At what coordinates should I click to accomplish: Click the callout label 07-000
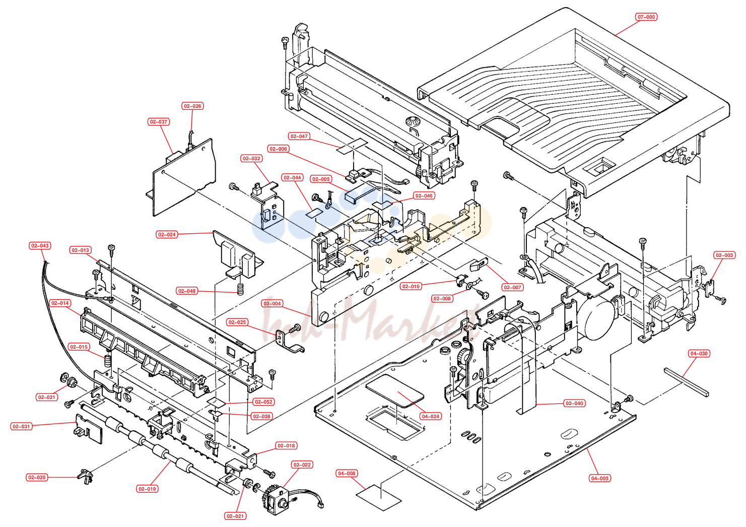[x=646, y=17]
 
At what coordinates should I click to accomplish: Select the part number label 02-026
[x=192, y=106]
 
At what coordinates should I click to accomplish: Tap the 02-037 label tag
[x=159, y=121]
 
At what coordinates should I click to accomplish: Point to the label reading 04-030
[x=699, y=354]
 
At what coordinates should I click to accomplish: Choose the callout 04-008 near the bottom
[x=347, y=474]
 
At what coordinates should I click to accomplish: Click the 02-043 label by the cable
[x=40, y=245]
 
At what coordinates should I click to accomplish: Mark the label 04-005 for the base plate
[x=599, y=478]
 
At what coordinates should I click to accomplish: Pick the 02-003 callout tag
[x=724, y=255]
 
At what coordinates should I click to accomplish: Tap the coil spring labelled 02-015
[x=107, y=360]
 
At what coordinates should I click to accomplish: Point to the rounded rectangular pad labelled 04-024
[x=394, y=391]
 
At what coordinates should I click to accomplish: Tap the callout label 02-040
[x=574, y=404]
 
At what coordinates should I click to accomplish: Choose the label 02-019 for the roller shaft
[x=147, y=489]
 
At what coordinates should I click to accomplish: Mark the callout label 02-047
[x=299, y=136]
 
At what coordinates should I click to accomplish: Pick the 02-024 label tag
[x=167, y=234]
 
